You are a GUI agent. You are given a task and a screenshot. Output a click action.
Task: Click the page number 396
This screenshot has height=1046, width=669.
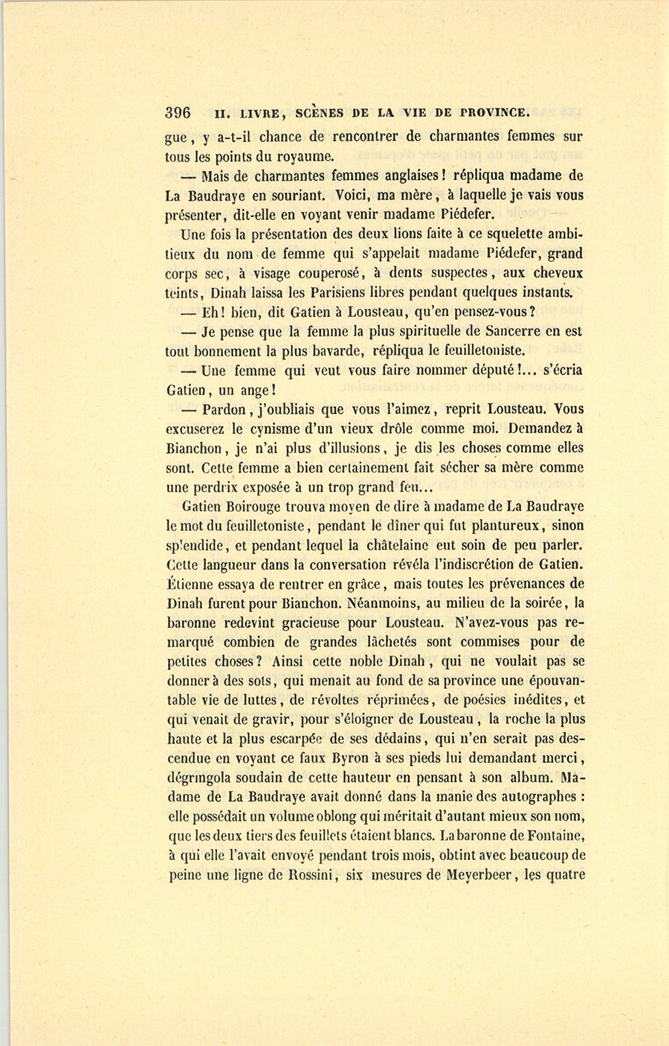point(178,113)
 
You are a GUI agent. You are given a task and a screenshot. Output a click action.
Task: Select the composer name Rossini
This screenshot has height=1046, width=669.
point(308,875)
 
